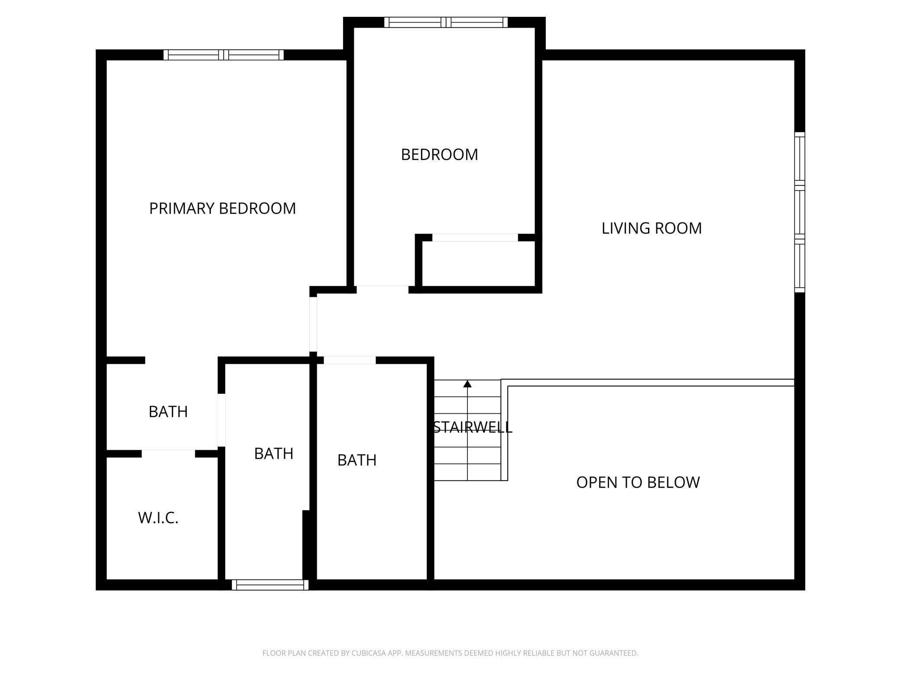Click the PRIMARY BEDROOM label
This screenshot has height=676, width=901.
click(x=223, y=208)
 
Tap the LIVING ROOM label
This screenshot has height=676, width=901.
click(x=651, y=228)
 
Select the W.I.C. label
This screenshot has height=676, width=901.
click(x=158, y=518)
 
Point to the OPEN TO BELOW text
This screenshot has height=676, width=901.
click(x=638, y=482)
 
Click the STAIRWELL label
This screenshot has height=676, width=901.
click(x=473, y=427)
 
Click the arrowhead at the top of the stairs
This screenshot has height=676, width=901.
click(x=467, y=383)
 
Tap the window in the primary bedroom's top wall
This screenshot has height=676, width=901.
click(x=224, y=55)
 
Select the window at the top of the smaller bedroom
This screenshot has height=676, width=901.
click(x=446, y=22)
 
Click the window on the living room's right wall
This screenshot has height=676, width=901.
click(x=800, y=212)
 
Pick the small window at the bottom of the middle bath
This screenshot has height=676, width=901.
click(x=270, y=585)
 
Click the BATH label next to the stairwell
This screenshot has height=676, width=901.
click(x=357, y=460)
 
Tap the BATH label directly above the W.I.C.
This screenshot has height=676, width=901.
click(x=168, y=412)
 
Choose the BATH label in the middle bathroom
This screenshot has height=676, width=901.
click(x=274, y=454)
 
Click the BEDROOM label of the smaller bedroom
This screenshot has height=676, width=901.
click(x=440, y=155)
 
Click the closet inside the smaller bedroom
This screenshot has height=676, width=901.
click(x=479, y=264)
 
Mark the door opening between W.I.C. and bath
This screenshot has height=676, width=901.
click(x=168, y=454)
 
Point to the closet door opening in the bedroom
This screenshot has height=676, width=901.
click(x=475, y=237)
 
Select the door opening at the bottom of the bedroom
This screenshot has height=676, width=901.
click(x=382, y=289)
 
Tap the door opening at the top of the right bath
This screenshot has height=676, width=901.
click(x=350, y=360)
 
